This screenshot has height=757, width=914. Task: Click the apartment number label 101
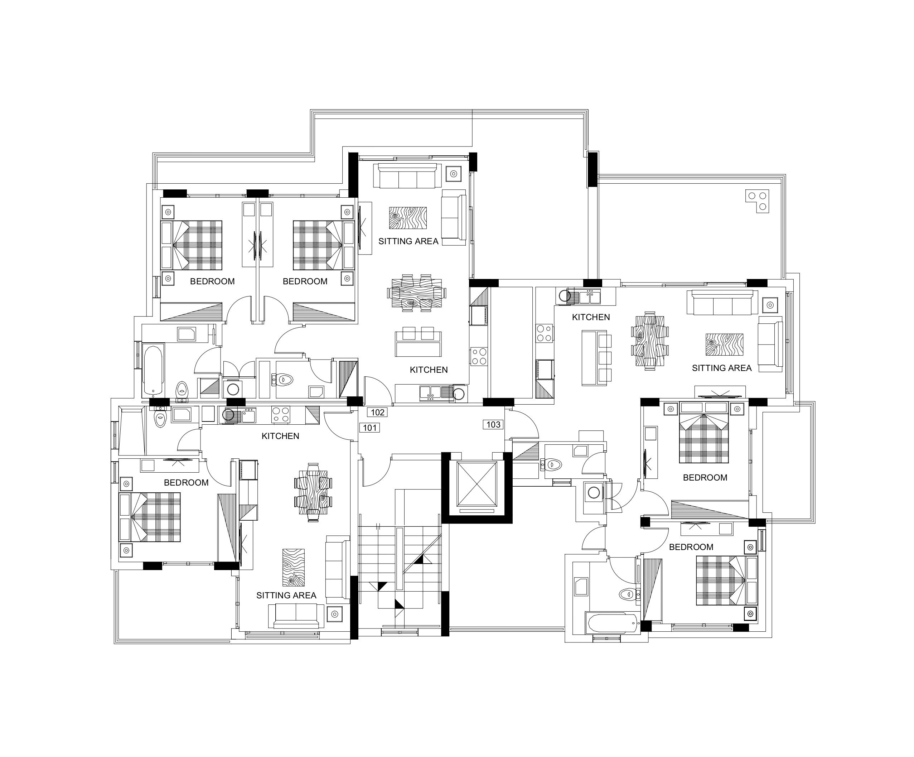click(369, 428)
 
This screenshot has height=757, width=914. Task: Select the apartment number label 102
click(377, 412)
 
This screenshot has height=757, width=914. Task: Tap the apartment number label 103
click(493, 424)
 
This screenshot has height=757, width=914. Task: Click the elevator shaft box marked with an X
click(477, 484)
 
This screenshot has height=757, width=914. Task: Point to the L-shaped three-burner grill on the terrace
click(757, 201)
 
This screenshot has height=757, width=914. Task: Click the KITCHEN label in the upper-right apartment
click(591, 317)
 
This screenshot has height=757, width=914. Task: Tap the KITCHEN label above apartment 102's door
click(429, 370)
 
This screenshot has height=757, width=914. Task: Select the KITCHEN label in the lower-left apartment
click(280, 436)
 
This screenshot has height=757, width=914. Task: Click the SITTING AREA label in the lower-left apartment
click(286, 596)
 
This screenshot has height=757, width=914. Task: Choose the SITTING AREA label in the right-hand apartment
click(722, 368)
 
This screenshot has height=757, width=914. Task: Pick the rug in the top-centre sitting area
click(408, 218)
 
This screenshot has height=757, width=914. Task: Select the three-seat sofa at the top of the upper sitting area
click(407, 176)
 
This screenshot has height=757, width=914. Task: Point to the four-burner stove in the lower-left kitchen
click(281, 414)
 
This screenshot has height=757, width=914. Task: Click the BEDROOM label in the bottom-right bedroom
click(691, 547)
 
